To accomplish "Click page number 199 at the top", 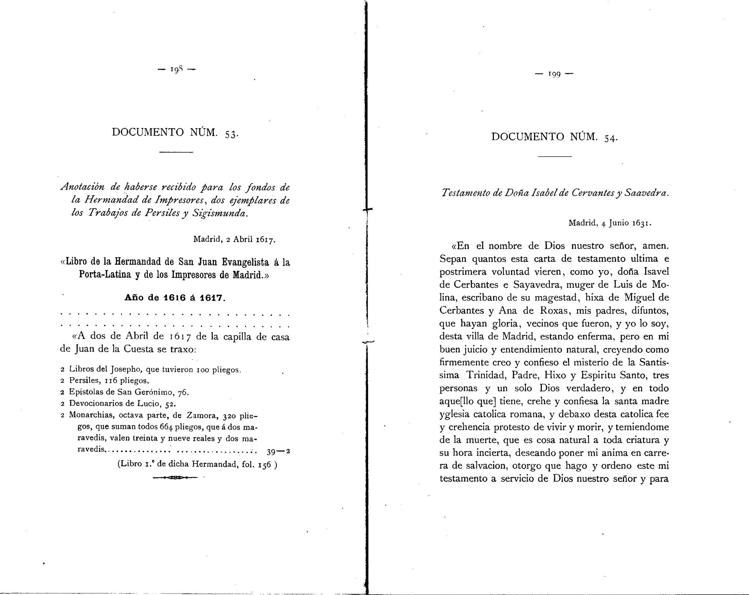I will pyautogui.click(x=554, y=74).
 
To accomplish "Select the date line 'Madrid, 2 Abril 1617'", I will pyautogui.click(x=234, y=239).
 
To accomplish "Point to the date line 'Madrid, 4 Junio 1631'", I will pyautogui.click(x=610, y=223).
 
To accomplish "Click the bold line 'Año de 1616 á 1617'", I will pyautogui.click(x=175, y=298).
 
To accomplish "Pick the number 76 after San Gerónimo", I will pyautogui.click(x=182, y=392).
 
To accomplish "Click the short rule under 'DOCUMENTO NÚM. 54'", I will pyautogui.click(x=554, y=157).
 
